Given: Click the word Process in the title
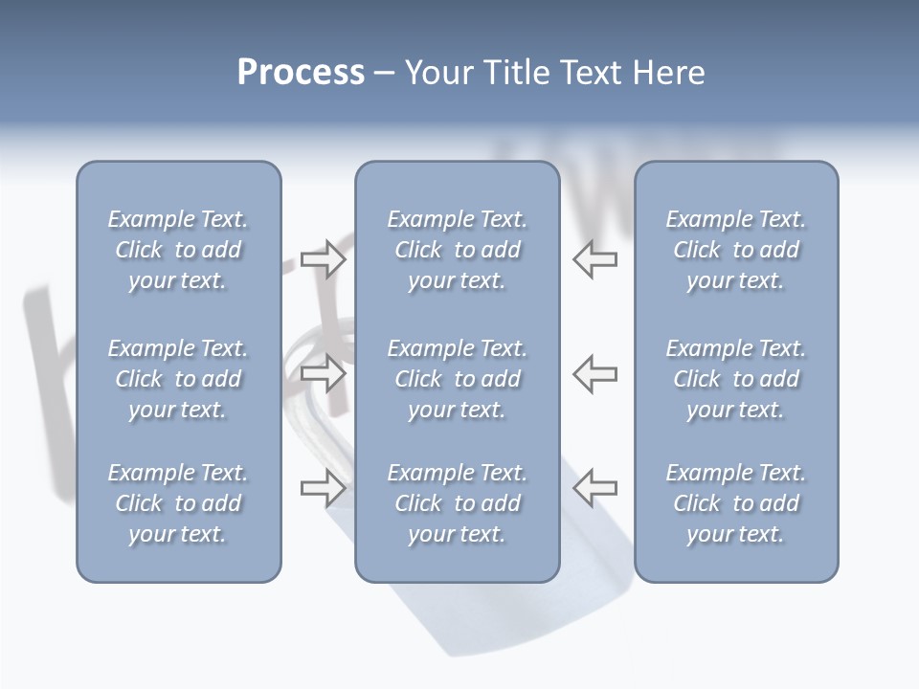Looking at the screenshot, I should pos(301,73).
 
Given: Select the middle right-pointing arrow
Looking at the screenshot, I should pos(323,373).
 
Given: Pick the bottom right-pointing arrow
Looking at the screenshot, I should pos(323,488).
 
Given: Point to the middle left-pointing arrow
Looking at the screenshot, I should pos(595,373).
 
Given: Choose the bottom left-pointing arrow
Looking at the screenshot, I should pos(595,488).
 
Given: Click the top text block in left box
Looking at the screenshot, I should pos(178,250).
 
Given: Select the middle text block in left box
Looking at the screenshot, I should pos(178,379).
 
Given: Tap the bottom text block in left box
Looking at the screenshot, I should pos(178,503).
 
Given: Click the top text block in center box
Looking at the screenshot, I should pos(457,250).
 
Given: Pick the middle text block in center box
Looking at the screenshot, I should pos(457,379).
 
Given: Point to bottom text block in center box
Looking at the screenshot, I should pos(457,503).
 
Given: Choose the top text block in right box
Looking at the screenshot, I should pos(736,250).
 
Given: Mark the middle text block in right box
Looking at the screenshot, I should pos(736,379).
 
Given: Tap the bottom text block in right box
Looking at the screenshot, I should pos(736,503).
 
